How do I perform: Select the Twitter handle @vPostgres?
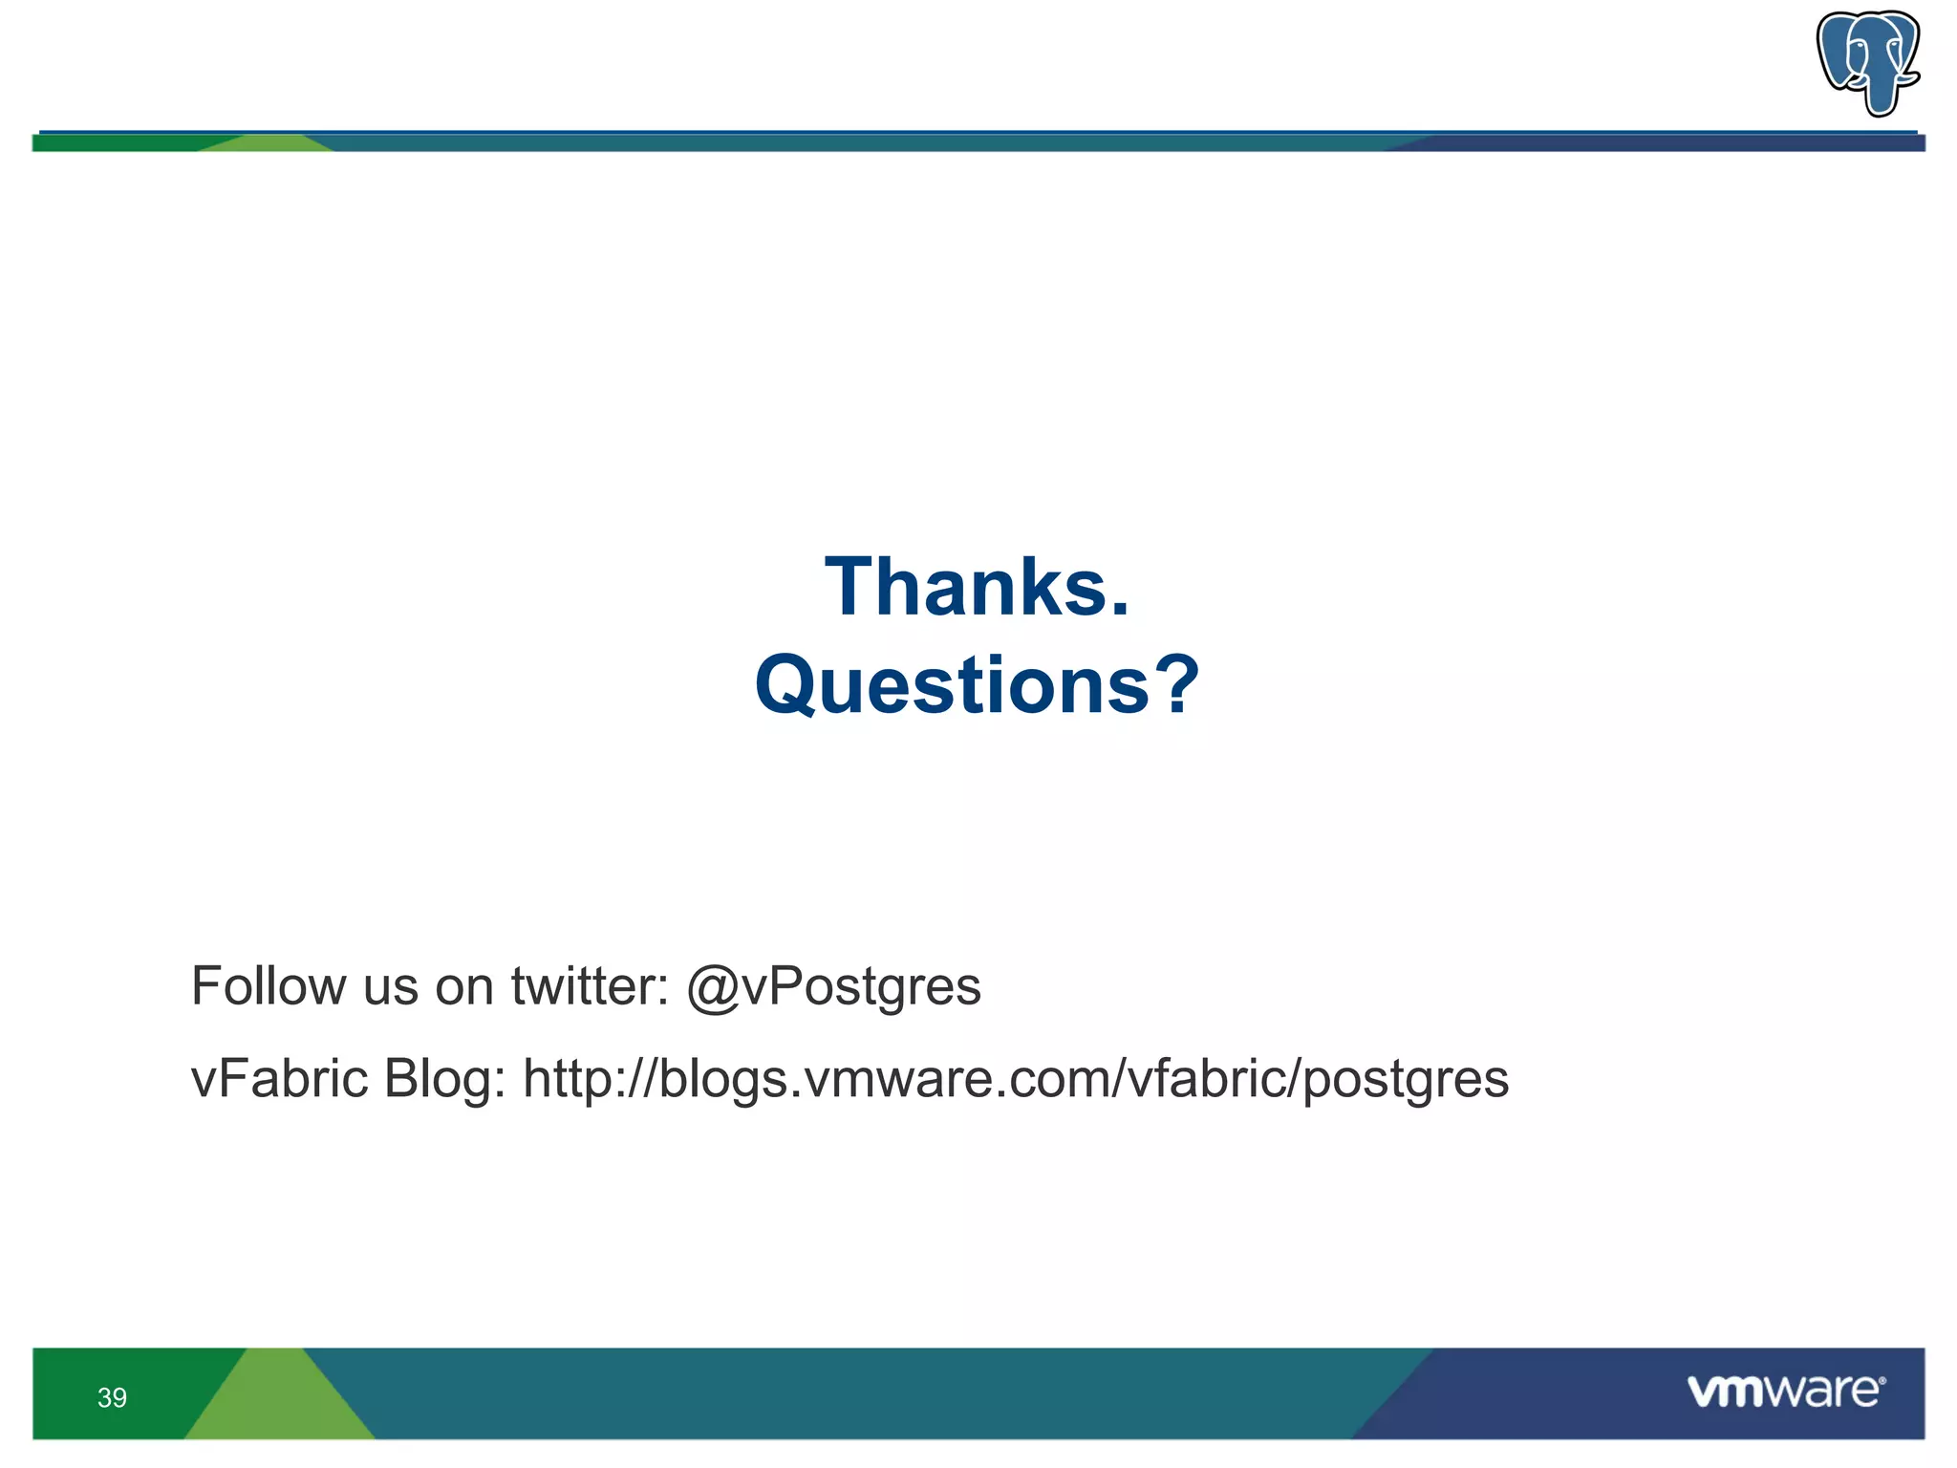tap(833, 986)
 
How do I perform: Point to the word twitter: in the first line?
tap(590, 986)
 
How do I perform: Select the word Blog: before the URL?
tap(444, 1081)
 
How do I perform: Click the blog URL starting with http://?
tap(1016, 1081)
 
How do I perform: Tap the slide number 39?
tap(112, 1398)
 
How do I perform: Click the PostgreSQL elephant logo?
tap(1867, 61)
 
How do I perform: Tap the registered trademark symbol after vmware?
tap(1882, 1381)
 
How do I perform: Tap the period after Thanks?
tap(1120, 611)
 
